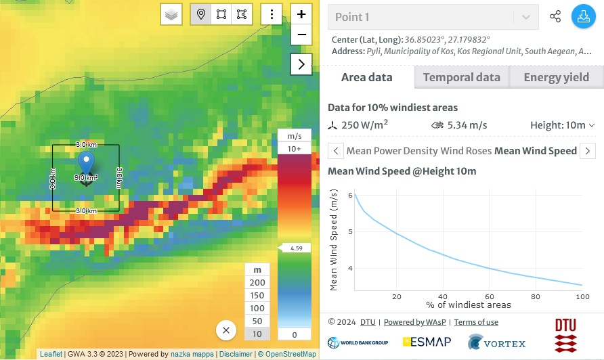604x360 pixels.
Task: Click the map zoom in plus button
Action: [x=301, y=14]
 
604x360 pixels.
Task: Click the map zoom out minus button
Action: [x=301, y=35]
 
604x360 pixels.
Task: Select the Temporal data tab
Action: [x=461, y=77]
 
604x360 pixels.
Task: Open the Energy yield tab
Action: [x=556, y=77]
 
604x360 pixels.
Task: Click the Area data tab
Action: [x=366, y=77]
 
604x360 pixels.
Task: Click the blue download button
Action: [x=582, y=17]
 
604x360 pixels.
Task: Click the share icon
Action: [x=555, y=17]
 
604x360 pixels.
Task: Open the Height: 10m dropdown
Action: [x=562, y=125]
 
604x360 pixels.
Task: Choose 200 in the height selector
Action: [x=257, y=282]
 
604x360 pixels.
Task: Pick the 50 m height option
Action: [x=257, y=321]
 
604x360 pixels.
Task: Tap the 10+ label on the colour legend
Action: [x=295, y=148]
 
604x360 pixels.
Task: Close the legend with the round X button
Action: [x=226, y=330]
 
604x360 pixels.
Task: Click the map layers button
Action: [x=171, y=14]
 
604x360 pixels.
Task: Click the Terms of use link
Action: [x=476, y=322]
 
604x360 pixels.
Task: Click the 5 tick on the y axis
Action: [x=350, y=231]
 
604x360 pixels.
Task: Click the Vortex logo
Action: [x=496, y=343]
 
